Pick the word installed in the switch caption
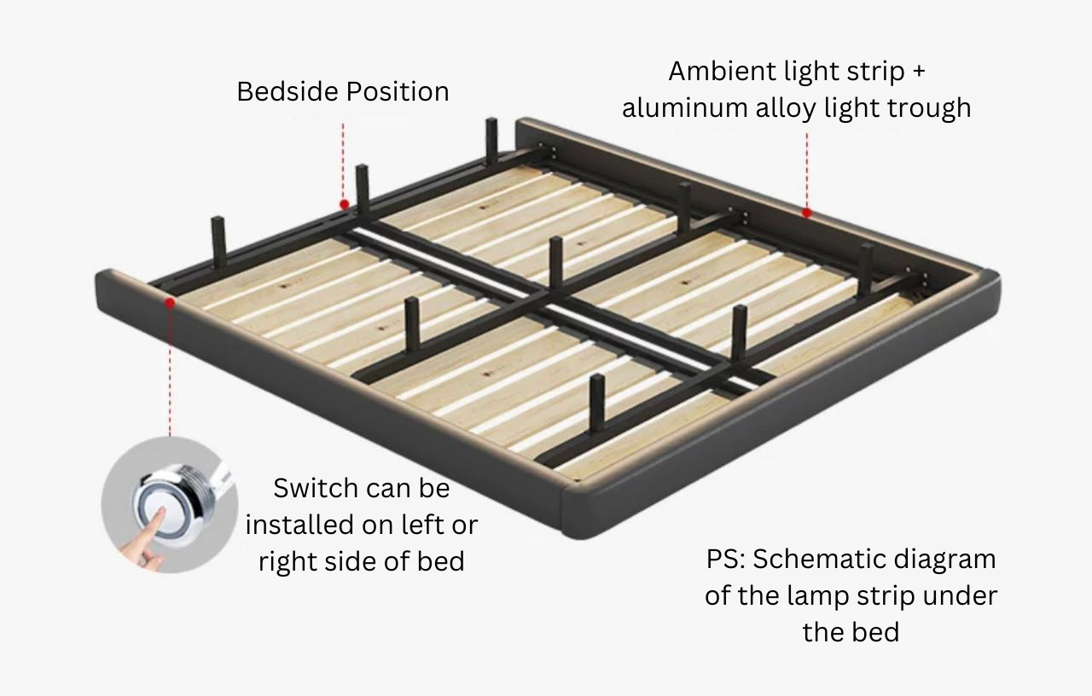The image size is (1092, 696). pos(299,524)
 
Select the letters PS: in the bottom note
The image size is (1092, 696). pos(725,560)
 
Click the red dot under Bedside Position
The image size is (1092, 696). pos(344,205)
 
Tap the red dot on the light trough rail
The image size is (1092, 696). pos(806,212)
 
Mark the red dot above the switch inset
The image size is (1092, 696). pos(170,302)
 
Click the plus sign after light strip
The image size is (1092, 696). pos(918,72)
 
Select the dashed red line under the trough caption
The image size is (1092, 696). pos(806,171)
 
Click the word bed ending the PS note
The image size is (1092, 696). pos(876,632)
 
